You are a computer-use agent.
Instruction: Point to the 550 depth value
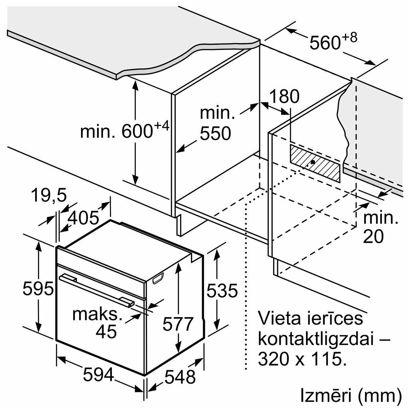pyautogui.click(x=216, y=134)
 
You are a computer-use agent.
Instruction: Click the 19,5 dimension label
pyautogui.click(x=49, y=197)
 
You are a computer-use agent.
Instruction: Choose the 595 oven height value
pyautogui.click(x=38, y=288)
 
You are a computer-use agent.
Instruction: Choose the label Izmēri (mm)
pyautogui.click(x=350, y=396)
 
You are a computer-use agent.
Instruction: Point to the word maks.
pyautogui.click(x=97, y=314)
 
